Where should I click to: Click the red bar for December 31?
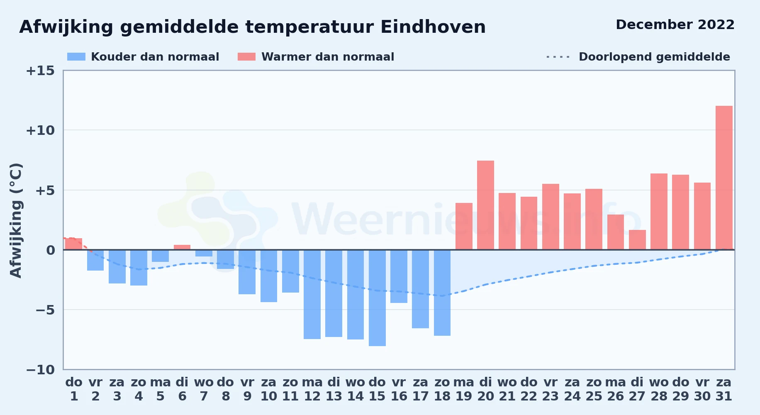click(x=724, y=178)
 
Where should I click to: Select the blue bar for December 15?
click(x=377, y=298)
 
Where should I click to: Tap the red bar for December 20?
click(x=485, y=205)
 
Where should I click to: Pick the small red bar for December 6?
click(x=182, y=247)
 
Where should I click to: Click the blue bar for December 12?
click(x=312, y=294)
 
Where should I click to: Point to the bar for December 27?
click(x=637, y=240)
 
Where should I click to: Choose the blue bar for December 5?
click(x=160, y=256)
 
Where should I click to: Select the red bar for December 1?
click(x=74, y=244)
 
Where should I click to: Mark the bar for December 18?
click(x=442, y=293)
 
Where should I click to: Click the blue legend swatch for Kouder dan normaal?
click(x=76, y=57)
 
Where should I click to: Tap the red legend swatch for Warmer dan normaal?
click(x=246, y=57)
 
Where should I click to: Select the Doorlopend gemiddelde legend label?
click(x=654, y=57)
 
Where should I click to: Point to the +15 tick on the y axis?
click(x=40, y=71)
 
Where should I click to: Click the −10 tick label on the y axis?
click(x=40, y=369)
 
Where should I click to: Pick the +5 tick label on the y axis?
click(x=45, y=190)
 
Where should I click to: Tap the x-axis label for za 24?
click(x=572, y=389)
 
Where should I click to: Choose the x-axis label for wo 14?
click(x=355, y=389)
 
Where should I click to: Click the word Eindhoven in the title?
click(x=433, y=27)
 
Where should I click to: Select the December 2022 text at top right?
click(x=675, y=24)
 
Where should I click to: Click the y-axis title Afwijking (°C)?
click(x=16, y=220)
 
